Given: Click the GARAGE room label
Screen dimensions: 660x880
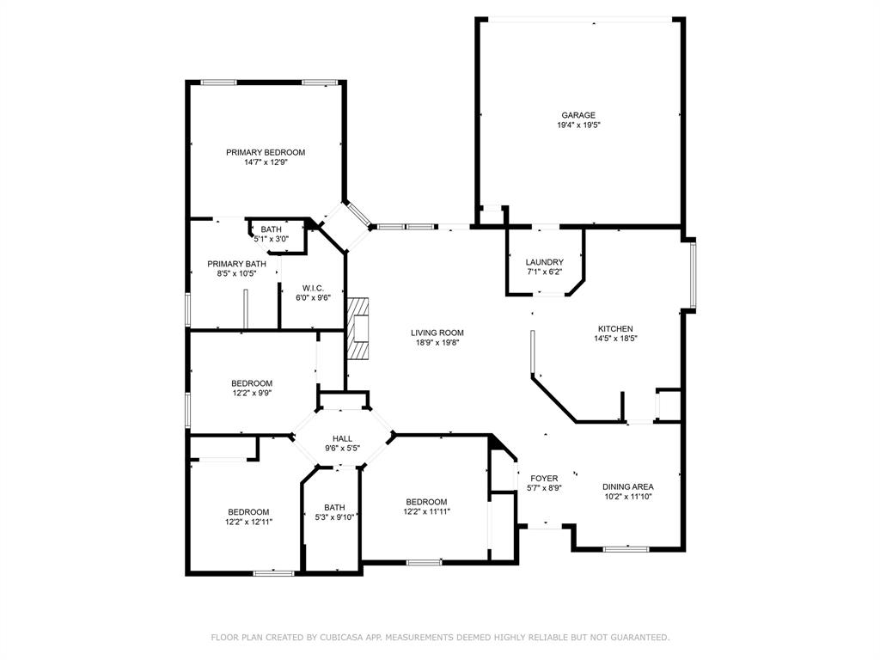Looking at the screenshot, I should (578, 115).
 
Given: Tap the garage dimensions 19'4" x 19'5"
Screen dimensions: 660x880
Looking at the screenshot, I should (578, 125).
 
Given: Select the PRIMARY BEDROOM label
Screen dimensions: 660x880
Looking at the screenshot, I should (266, 152).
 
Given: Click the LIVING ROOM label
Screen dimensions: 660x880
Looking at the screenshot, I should (437, 333).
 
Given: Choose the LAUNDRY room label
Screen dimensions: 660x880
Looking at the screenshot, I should (545, 262).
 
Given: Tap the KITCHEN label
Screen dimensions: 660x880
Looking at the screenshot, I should (615, 328).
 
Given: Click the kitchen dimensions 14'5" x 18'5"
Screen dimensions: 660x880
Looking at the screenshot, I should (615, 339).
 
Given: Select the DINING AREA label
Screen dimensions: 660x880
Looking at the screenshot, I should (627, 486).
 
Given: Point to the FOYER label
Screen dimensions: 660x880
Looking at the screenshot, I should (544, 479).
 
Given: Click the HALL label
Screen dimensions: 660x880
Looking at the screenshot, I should (343, 438).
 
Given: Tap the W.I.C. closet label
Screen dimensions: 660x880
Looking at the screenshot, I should (312, 288).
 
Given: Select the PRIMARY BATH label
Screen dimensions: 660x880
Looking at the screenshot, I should (236, 264).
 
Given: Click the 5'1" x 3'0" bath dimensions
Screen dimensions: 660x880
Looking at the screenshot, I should (271, 240).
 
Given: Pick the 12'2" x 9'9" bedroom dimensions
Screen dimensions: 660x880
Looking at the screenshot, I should (252, 394).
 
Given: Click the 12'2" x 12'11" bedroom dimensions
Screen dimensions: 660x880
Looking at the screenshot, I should (248, 522).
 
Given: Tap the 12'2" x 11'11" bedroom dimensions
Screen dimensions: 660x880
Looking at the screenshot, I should (426, 511).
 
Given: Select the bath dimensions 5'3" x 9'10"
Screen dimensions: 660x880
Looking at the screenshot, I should (334, 516).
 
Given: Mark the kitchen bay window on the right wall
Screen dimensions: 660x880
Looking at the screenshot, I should (693, 274).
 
